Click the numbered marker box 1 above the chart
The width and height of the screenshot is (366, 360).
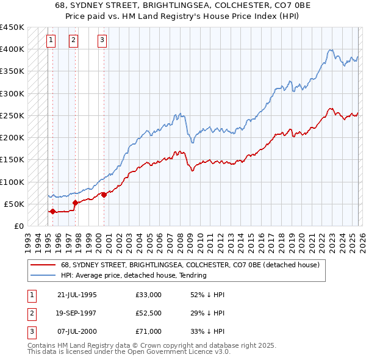pos(50,41)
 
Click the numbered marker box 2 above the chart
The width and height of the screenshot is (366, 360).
pos(73,41)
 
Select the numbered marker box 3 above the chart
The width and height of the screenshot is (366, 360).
pos(102,41)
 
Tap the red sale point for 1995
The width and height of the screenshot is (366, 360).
pos(52,211)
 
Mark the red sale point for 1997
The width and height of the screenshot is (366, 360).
pos(75,203)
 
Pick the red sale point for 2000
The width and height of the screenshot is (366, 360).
pos(104,195)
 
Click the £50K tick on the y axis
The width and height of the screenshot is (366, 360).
pos(14,204)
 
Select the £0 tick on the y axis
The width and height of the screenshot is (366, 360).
pos(18,226)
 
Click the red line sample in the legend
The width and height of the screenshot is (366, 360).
pos(43,265)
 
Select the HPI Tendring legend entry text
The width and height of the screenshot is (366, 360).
pos(134,275)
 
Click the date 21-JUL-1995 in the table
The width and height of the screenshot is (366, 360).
pos(77,295)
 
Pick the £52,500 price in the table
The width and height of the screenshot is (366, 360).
pos(149,313)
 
